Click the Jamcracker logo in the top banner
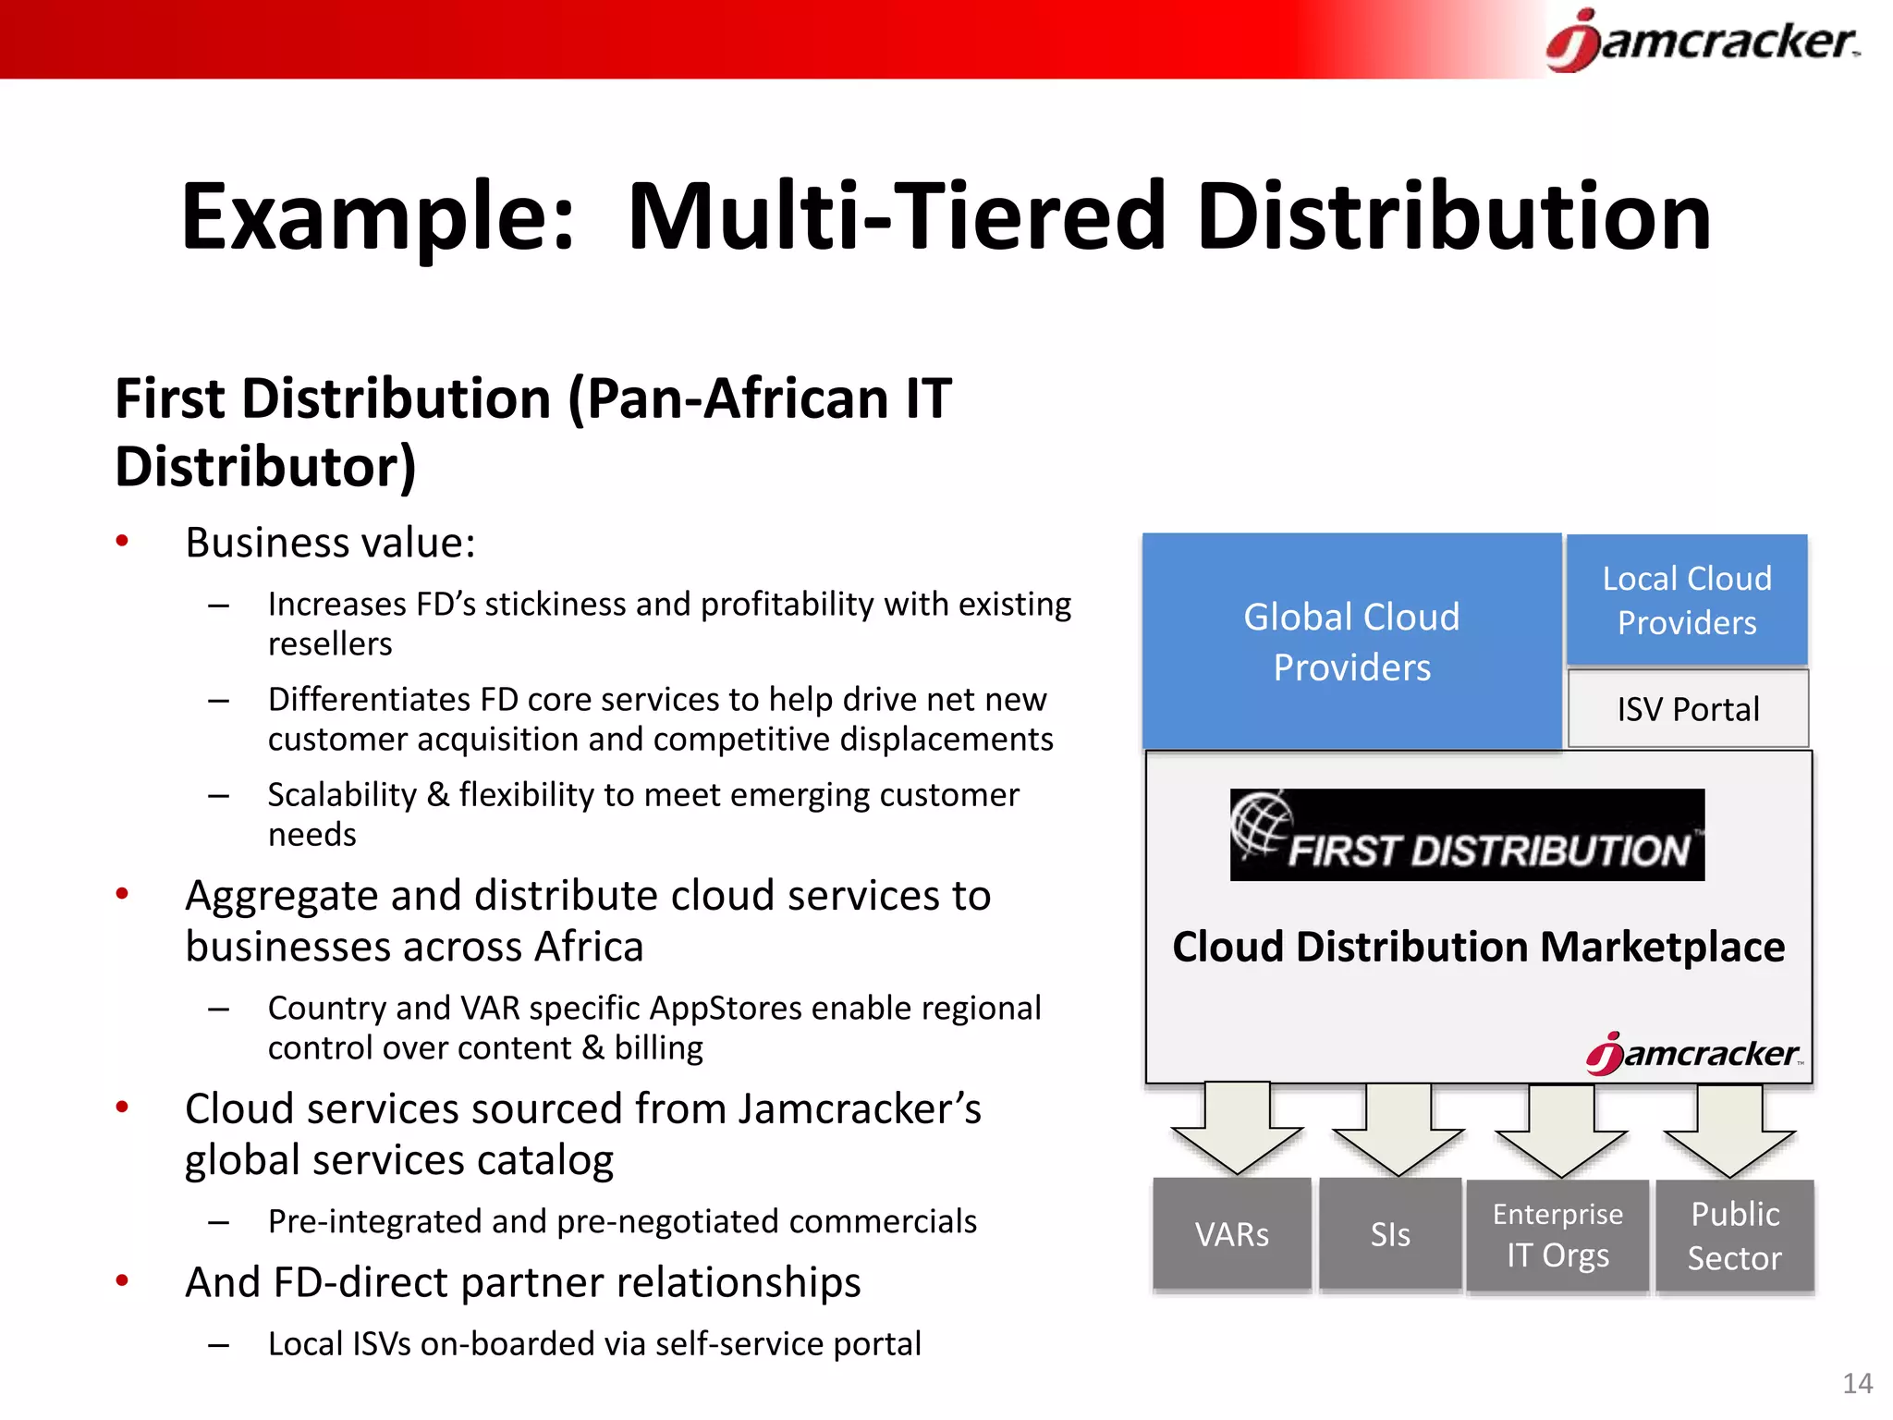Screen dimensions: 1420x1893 (x=1703, y=41)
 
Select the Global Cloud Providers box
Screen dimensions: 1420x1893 (x=1351, y=641)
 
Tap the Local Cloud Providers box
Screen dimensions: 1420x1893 (x=1687, y=600)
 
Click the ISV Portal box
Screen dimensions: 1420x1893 (x=1688, y=709)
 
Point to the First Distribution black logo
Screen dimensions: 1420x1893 (x=1467, y=835)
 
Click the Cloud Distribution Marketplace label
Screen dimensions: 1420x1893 (x=1478, y=947)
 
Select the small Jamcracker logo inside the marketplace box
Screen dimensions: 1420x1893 (x=1693, y=1054)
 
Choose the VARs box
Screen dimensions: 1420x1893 (x=1231, y=1234)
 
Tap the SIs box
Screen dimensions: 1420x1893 (x=1390, y=1234)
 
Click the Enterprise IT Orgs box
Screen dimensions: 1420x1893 (x=1557, y=1235)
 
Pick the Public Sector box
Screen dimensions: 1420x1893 (x=1734, y=1236)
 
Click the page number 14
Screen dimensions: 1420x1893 (x=1857, y=1383)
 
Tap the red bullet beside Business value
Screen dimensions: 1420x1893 (x=122, y=542)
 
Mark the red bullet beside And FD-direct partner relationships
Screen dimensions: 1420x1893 (x=122, y=1281)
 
